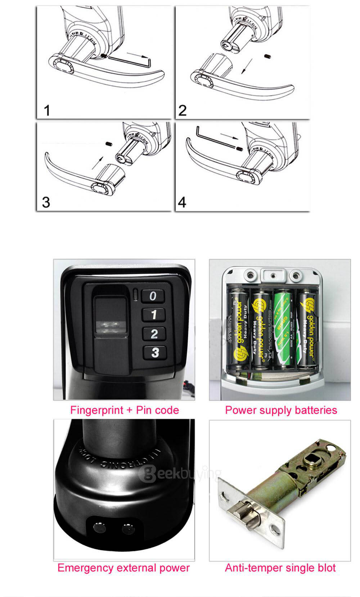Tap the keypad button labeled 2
click(x=154, y=334)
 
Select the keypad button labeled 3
click(x=155, y=352)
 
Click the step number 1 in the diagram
click(x=47, y=110)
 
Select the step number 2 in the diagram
click(x=183, y=110)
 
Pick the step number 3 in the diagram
click(x=46, y=202)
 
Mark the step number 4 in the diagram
click(x=182, y=202)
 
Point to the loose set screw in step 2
click(x=267, y=56)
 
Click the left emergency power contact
click(x=98, y=528)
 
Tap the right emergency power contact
click(x=127, y=529)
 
